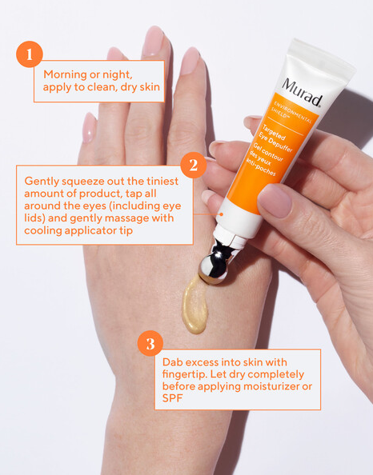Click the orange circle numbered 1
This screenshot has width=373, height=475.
(30, 54)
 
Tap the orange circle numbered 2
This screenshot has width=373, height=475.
(194, 165)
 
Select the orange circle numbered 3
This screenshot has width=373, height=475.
(150, 343)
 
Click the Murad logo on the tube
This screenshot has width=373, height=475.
(303, 92)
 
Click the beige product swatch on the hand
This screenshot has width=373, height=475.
(195, 305)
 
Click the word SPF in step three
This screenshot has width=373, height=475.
(173, 398)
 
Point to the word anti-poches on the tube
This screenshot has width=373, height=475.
(261, 167)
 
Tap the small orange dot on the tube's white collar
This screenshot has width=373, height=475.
(222, 214)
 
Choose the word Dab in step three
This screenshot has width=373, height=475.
(172, 362)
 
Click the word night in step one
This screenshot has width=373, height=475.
(117, 75)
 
